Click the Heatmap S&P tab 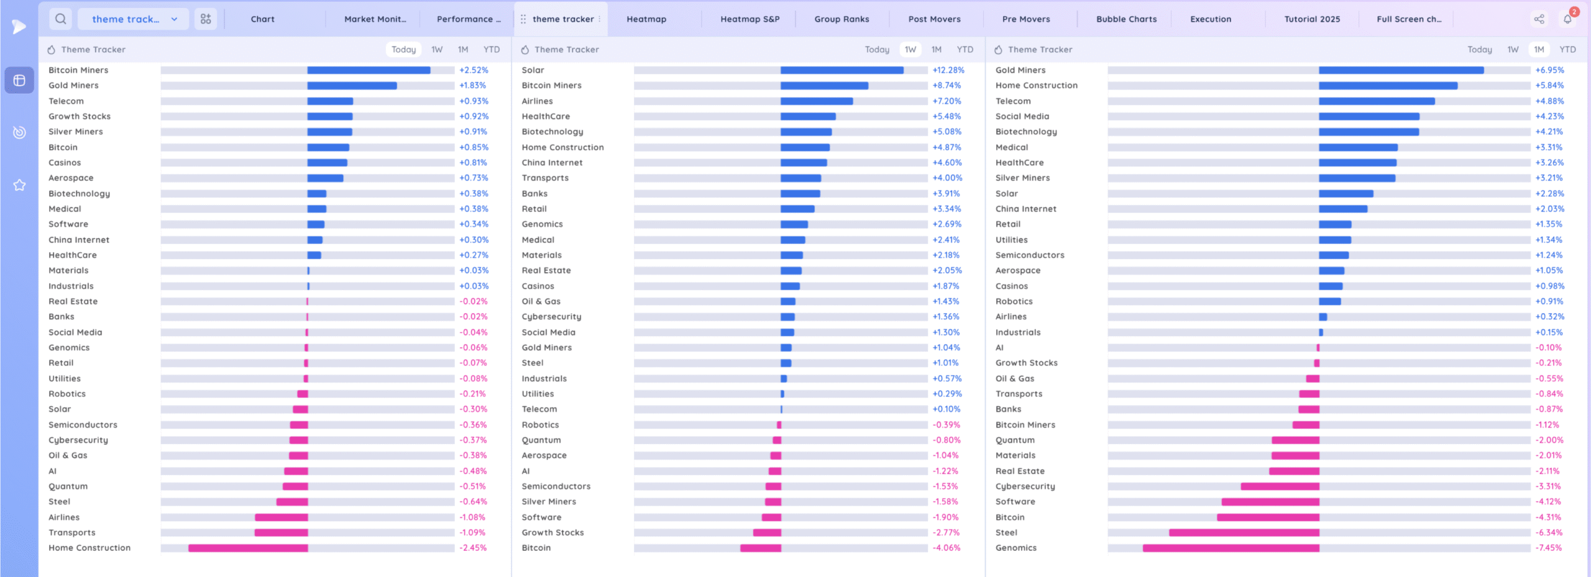pyautogui.click(x=750, y=19)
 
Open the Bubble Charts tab pyautogui.click(x=1126, y=19)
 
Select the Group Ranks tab pyautogui.click(x=841, y=19)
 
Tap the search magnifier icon pyautogui.click(x=60, y=19)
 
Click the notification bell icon pyautogui.click(x=1567, y=19)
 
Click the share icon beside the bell pyautogui.click(x=1539, y=19)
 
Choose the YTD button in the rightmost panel pyautogui.click(x=1567, y=50)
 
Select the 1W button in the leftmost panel pyautogui.click(x=437, y=50)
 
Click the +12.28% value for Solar pyautogui.click(x=948, y=70)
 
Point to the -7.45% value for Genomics pyautogui.click(x=1548, y=548)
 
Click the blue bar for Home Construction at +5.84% pyautogui.click(x=1388, y=86)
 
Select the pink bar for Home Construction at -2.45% pyautogui.click(x=248, y=548)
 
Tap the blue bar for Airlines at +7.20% pyautogui.click(x=817, y=101)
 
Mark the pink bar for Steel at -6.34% pyautogui.click(x=1244, y=533)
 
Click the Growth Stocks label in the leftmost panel pyautogui.click(x=80, y=116)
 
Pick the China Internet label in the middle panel pyautogui.click(x=552, y=163)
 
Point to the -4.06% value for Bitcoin pyautogui.click(x=946, y=548)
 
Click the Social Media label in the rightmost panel pyautogui.click(x=1022, y=116)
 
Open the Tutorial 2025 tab pyautogui.click(x=1312, y=19)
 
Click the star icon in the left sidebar pyautogui.click(x=19, y=185)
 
